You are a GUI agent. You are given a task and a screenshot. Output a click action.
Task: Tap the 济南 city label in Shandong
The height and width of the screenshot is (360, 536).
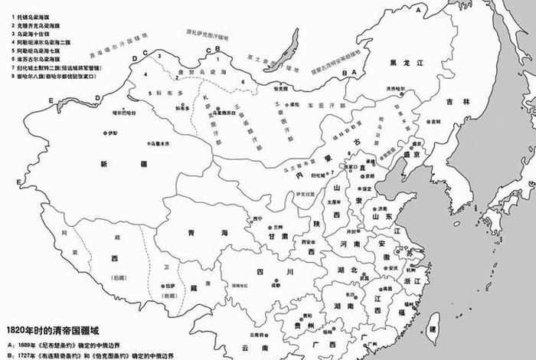(x=383, y=208)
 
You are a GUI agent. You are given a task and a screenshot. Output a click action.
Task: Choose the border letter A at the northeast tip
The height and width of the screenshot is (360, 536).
(x=418, y=11)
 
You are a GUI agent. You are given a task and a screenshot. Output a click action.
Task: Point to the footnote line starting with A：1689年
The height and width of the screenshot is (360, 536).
(x=77, y=344)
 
